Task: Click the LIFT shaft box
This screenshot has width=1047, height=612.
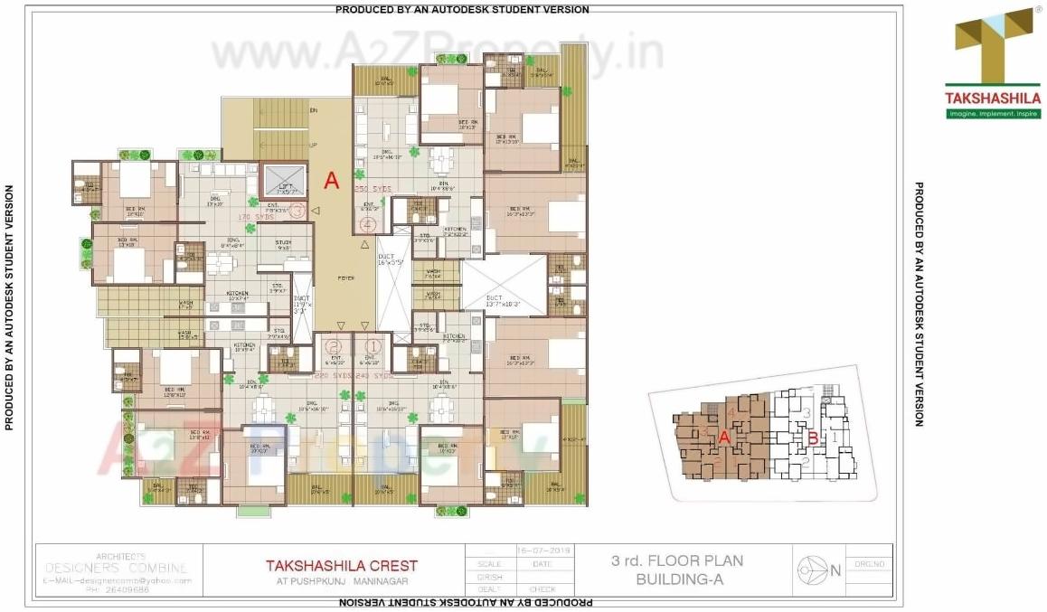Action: coord(282,181)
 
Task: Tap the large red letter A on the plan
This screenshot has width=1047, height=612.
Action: coord(331,181)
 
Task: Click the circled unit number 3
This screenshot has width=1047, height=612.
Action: coord(299,210)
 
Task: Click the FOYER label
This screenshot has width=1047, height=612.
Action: coord(346,278)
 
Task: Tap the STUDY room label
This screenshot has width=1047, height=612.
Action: coord(283,242)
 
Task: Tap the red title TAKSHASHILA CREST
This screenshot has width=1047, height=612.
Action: coord(341,565)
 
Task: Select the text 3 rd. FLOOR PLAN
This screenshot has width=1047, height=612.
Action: coord(677,560)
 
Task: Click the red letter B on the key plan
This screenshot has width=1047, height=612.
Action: coord(813,439)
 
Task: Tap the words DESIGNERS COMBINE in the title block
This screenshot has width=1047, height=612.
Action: coord(118,568)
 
